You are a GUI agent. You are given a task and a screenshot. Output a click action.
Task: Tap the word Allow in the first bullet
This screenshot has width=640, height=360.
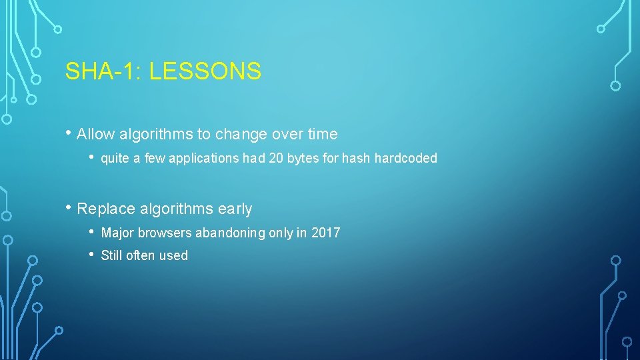click(x=96, y=134)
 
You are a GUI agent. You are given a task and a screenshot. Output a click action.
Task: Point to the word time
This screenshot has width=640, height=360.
click(x=323, y=134)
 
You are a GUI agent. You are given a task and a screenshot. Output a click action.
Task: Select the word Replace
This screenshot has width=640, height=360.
click(x=107, y=209)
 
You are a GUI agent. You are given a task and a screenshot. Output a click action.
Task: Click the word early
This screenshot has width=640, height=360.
click(x=234, y=209)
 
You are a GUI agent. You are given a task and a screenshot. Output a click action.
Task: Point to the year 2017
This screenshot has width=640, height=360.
click(x=326, y=233)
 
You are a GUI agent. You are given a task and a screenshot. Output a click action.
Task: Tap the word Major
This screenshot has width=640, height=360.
click(x=117, y=233)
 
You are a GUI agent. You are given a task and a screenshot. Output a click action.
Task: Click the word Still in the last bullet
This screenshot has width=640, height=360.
click(x=111, y=255)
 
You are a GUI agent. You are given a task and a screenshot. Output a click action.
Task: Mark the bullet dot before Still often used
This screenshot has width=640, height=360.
click(x=93, y=255)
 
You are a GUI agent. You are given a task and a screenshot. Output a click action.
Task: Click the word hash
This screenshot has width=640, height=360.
click(x=356, y=158)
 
